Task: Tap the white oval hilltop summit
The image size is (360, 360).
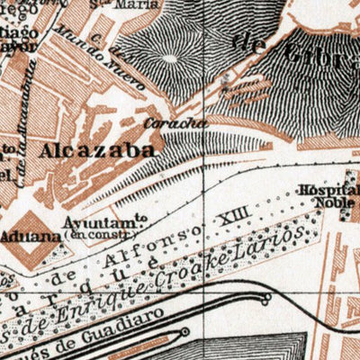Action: tap(169, 60)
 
